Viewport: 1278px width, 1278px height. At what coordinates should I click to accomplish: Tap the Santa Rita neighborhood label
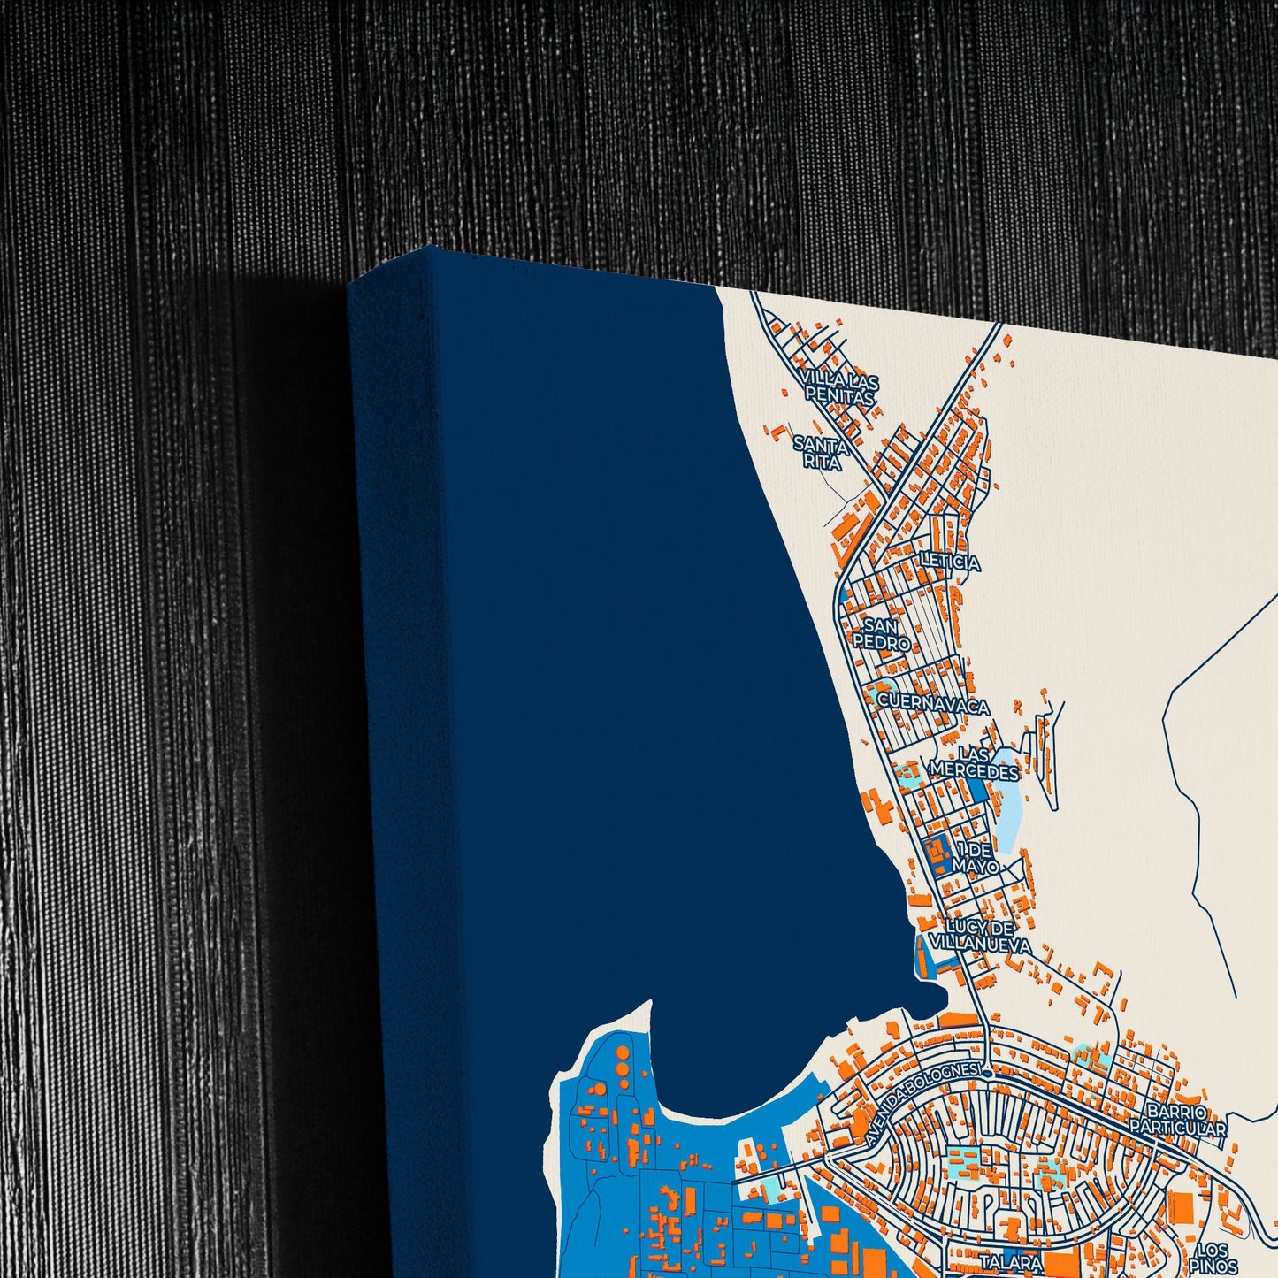(x=821, y=451)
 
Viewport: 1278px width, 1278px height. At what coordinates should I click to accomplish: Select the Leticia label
(x=950, y=562)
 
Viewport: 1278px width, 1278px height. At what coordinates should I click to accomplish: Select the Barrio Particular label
(x=1177, y=1120)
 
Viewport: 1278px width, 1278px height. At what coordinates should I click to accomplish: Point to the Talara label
(x=1010, y=1262)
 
